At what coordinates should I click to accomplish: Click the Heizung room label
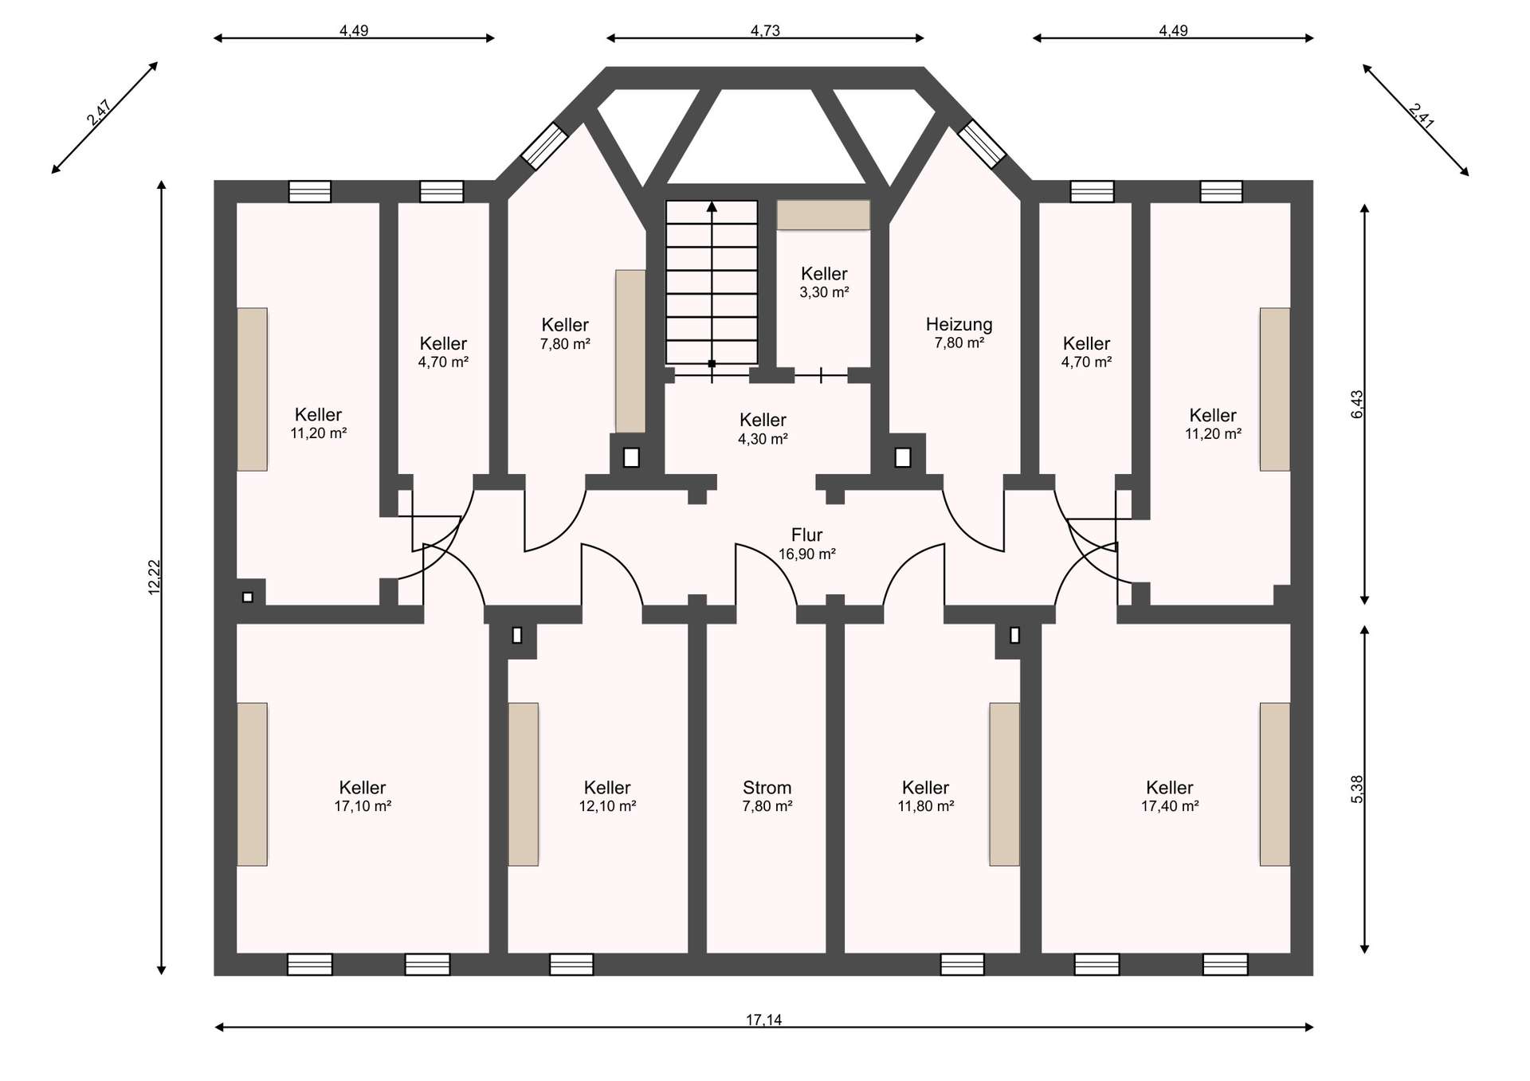tap(959, 324)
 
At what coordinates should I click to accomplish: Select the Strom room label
tap(767, 788)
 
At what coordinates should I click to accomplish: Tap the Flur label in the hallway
tap(806, 535)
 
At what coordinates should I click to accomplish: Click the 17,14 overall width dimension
tap(763, 1020)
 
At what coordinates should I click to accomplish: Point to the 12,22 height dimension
tap(155, 577)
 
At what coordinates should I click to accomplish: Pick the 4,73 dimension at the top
tap(765, 31)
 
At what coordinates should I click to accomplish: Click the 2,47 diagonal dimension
tap(100, 112)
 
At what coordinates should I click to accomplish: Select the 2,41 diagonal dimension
tap(1422, 116)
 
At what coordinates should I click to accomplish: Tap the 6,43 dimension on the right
tap(1357, 404)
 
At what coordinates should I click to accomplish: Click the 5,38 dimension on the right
tap(1357, 789)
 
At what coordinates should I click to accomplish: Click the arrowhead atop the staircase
tap(712, 206)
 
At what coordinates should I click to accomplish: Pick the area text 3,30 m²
tap(824, 292)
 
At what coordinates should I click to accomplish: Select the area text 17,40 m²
tap(1170, 806)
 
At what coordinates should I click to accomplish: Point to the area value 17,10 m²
tap(363, 806)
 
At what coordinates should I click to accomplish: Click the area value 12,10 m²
tap(607, 806)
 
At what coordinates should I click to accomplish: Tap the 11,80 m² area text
tap(926, 806)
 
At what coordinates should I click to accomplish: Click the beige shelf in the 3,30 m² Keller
tap(823, 215)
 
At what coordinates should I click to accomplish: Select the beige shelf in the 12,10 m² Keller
tap(524, 784)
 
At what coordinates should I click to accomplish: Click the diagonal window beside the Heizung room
tap(982, 144)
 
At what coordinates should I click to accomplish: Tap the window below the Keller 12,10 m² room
tap(571, 964)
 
